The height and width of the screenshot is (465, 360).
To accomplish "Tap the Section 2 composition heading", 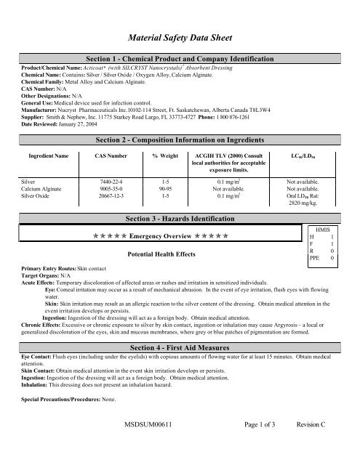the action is coord(179,139).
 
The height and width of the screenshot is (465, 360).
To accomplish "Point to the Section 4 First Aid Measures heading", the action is coord(179,352).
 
